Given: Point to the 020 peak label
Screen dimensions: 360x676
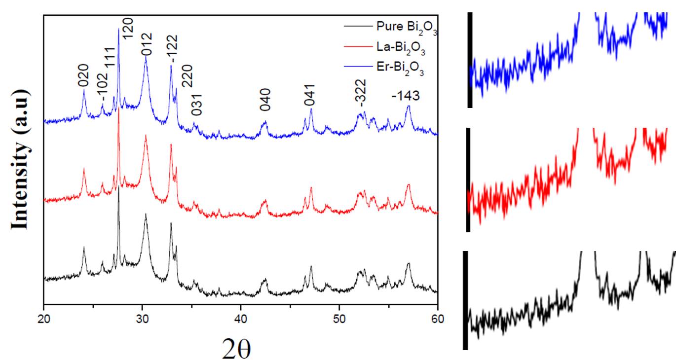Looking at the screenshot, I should [x=83, y=75].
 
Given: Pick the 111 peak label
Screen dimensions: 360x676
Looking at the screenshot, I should [x=110, y=58].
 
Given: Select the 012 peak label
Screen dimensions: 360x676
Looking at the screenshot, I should [x=147, y=43].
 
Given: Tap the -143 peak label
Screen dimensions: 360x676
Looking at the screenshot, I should [x=406, y=96].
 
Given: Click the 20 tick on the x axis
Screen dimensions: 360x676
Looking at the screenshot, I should [x=44, y=318].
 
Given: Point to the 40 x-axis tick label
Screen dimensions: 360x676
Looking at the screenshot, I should [x=241, y=318].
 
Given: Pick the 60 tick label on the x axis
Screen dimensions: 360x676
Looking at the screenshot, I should [x=437, y=318].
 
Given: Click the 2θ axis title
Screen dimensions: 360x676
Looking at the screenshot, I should [x=236, y=348].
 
